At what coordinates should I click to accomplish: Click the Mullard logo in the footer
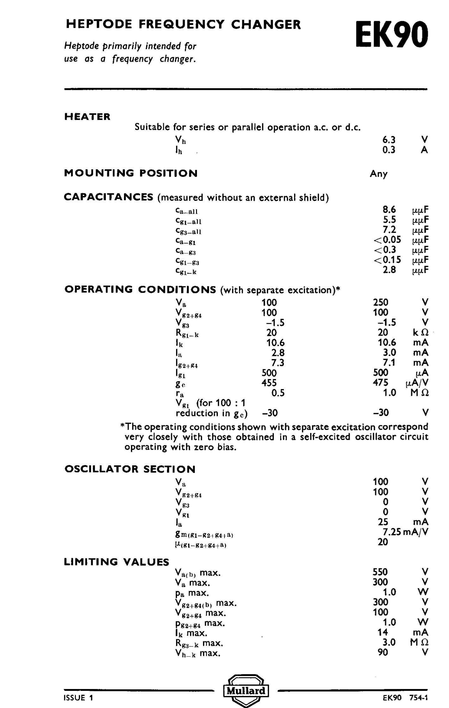coord(246,690)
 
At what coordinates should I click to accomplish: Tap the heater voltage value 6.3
coord(389,140)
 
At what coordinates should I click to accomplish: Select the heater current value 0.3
coord(389,150)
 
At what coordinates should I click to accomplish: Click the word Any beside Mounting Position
coord(378,174)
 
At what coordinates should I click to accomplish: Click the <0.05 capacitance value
coord(387,239)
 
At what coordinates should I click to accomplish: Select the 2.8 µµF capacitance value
coord(389,270)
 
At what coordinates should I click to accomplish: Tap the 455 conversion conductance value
coord(269,383)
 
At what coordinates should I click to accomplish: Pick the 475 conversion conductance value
coord(380,382)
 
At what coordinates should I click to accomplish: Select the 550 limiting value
coord(380,572)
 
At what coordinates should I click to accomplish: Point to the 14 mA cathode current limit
coord(383,632)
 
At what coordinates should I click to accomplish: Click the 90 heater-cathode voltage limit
coord(383,652)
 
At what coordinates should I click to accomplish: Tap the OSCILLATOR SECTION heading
coord(130,469)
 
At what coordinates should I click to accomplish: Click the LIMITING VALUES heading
coord(117,562)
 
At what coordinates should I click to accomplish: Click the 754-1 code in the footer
coord(419,698)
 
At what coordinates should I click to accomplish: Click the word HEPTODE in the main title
coord(99,25)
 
